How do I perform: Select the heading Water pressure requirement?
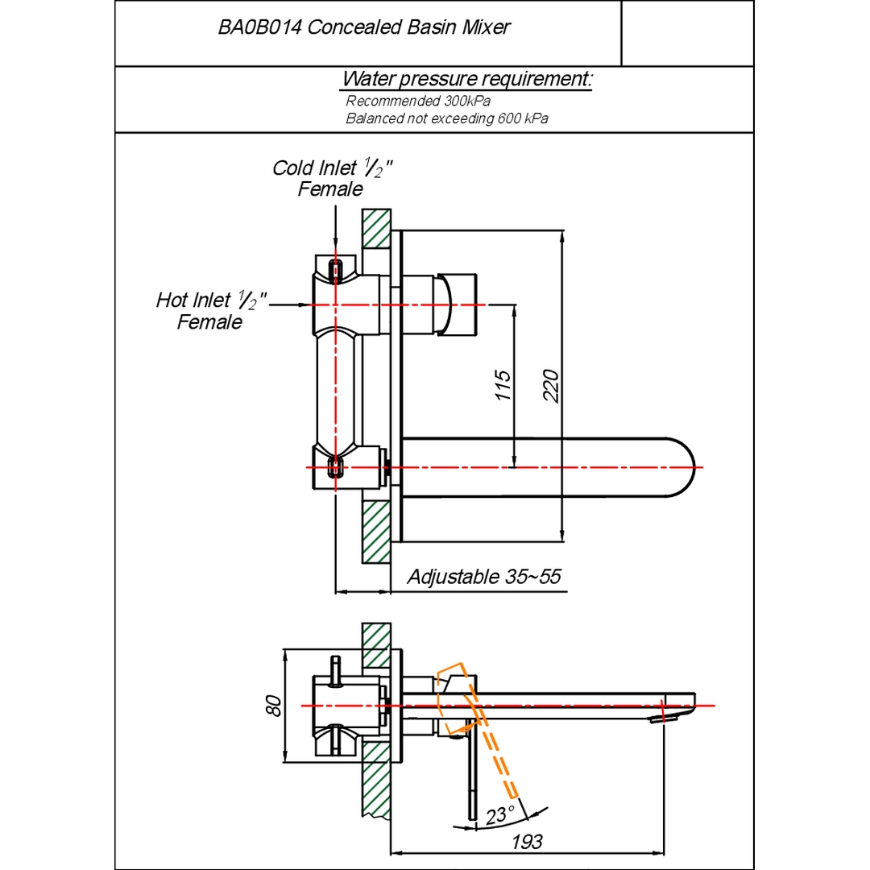pyautogui.click(x=467, y=80)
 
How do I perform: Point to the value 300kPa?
pyautogui.click(x=466, y=101)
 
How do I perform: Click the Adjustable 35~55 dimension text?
pyautogui.click(x=483, y=577)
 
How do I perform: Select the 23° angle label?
pyautogui.click(x=500, y=815)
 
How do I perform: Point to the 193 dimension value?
pyautogui.click(x=527, y=843)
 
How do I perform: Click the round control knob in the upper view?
pyautogui.click(x=457, y=304)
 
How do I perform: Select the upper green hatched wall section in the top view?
pyautogui.click(x=376, y=229)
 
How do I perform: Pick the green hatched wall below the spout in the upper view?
pyautogui.click(x=376, y=532)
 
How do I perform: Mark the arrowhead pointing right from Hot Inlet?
pyautogui.click(x=307, y=304)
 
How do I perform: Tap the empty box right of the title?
pyautogui.click(x=687, y=34)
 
